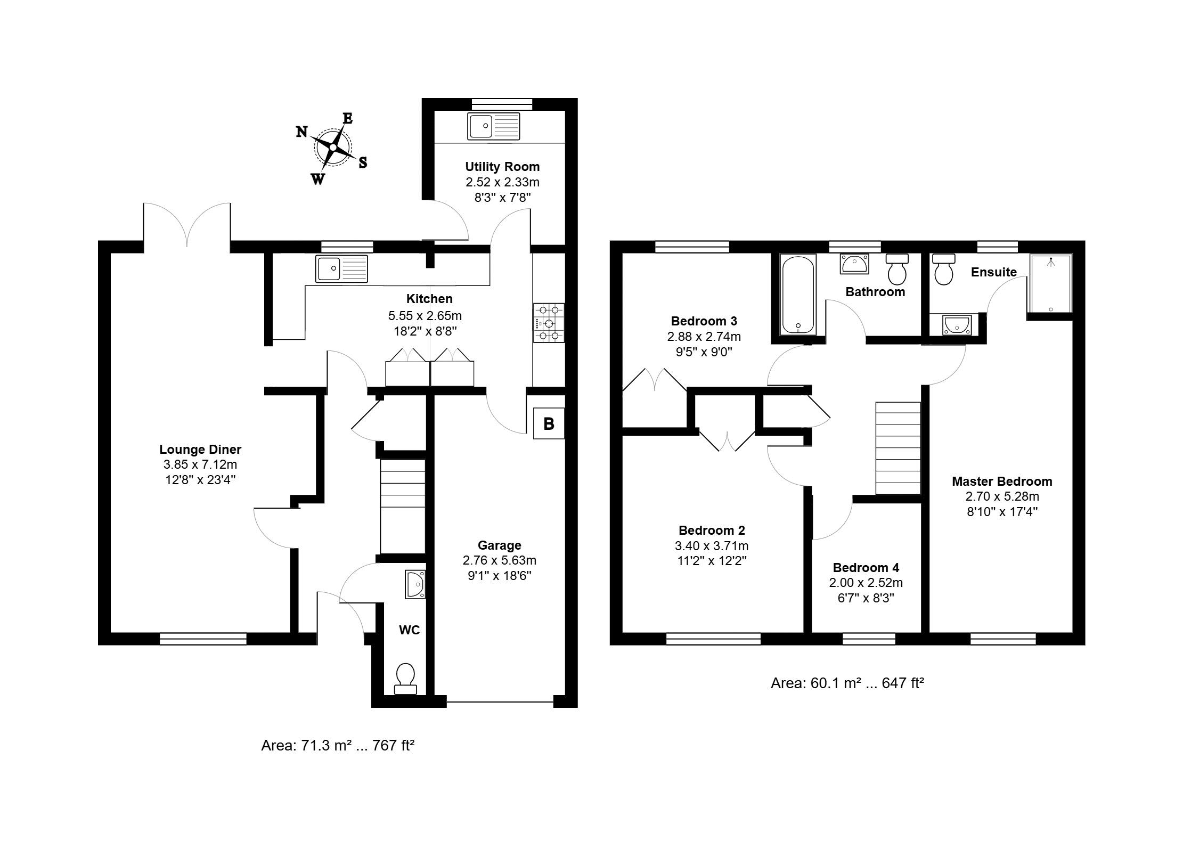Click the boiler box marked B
[x=549, y=423]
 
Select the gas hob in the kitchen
[x=549, y=323]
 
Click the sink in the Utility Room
[x=494, y=126]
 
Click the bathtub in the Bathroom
[x=798, y=295]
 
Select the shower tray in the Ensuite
[x=1050, y=283]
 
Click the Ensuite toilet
[x=944, y=270]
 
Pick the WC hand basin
[x=415, y=584]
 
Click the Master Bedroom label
[x=1002, y=481]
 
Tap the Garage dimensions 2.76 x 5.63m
[x=500, y=560]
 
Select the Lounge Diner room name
[x=200, y=450]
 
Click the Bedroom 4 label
[x=866, y=568]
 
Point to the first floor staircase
[x=899, y=448]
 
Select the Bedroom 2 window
[x=714, y=639]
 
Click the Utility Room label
[x=502, y=167]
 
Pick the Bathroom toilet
[x=898, y=270]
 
